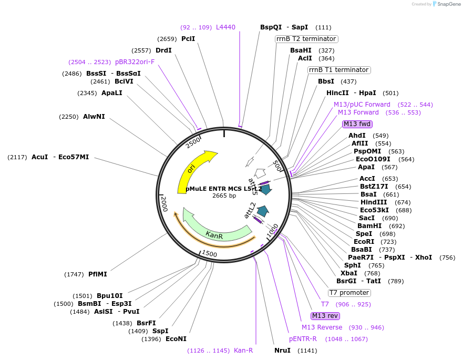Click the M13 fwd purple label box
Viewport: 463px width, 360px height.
coord(357,124)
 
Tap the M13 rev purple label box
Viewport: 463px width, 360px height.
coord(325,316)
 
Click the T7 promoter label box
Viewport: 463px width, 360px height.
coord(349,293)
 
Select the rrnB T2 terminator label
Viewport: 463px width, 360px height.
coord(306,39)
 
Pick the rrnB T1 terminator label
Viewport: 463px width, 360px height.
coord(338,70)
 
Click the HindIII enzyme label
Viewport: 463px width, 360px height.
coord(374,202)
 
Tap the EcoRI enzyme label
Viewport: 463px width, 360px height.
coord(364,242)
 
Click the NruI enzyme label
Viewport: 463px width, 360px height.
coord(283,351)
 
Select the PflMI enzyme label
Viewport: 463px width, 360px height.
coord(98,274)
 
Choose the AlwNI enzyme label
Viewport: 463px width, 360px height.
coord(94,117)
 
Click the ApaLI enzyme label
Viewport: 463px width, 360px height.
coord(112,93)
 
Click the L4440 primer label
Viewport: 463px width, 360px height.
coord(226,27)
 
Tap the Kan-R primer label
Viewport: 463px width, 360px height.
coord(243,351)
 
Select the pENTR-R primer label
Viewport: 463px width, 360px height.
coord(303,339)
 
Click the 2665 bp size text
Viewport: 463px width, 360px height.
coord(224,196)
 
